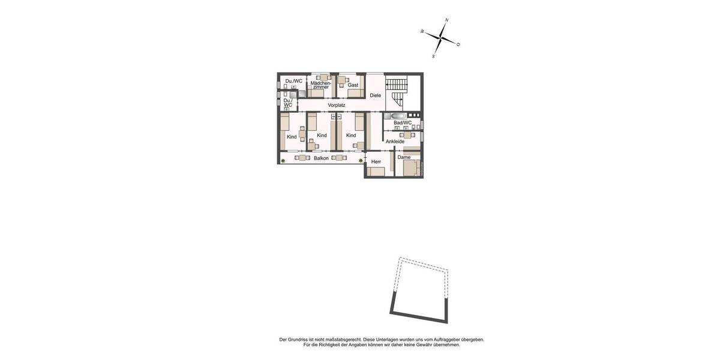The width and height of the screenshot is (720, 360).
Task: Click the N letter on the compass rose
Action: pos(447,20)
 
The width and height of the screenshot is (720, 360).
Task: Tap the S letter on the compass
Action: pos(433,56)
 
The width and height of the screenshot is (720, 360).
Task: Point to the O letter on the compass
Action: pos(458,44)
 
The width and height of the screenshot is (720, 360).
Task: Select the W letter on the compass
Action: pos(422,31)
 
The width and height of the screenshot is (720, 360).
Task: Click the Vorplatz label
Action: pos(337,105)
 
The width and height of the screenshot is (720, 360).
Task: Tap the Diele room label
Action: pos(375,95)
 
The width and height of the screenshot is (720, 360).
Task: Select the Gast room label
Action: pos(353,85)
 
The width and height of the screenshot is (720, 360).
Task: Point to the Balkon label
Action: pos(321,158)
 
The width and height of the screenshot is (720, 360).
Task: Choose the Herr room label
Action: pos(376,161)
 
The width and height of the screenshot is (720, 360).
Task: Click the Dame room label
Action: pos(404,157)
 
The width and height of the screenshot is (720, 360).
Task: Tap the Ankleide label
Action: pos(395,142)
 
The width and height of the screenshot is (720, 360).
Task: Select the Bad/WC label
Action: pos(403,123)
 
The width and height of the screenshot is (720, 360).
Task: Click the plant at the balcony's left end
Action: pos(283,160)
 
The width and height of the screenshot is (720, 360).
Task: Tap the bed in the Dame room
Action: pos(412,169)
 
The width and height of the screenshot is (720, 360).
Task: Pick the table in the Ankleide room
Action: pos(407,135)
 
